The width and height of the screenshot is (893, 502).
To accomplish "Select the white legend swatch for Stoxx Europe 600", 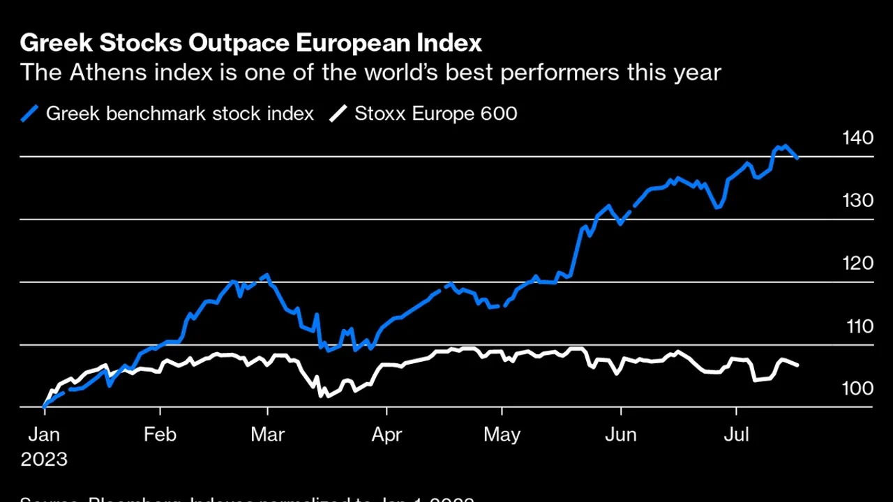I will [339, 113].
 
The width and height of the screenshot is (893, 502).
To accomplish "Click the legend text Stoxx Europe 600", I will [436, 114].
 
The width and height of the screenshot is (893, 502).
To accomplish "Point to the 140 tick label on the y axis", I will [858, 137].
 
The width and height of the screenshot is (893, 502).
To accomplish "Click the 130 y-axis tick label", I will [858, 200].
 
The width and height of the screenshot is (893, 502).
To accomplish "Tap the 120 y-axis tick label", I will [858, 263].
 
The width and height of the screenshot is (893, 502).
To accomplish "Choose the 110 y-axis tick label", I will [858, 326].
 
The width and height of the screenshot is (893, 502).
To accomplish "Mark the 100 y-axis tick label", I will [858, 388].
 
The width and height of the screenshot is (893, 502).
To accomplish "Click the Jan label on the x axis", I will [44, 435].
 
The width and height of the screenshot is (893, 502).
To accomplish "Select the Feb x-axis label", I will [160, 435].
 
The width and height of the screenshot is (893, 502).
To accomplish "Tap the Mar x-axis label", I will [268, 435].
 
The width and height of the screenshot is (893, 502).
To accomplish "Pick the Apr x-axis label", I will [386, 435].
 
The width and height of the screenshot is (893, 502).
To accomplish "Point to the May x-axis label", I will [502, 435].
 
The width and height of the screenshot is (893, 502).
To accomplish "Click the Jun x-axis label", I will [620, 435].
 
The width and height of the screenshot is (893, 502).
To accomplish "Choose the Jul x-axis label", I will [736, 435].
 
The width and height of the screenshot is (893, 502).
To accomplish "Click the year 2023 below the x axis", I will [44, 459].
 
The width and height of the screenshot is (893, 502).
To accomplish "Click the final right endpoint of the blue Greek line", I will [797, 158].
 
